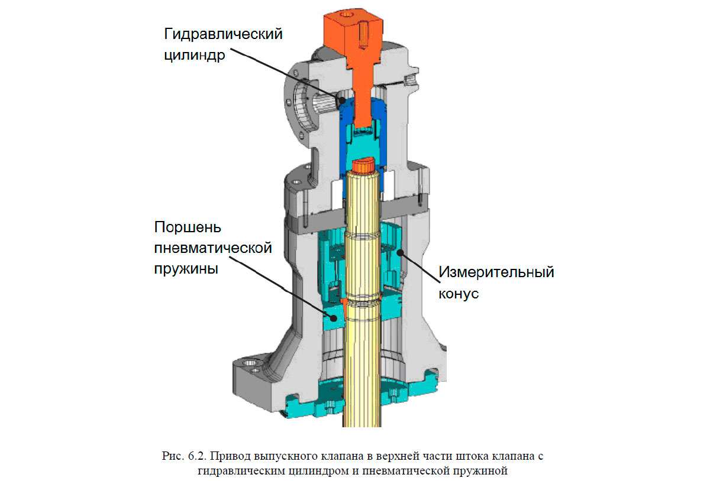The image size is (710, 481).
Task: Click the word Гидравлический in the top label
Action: click(x=223, y=34)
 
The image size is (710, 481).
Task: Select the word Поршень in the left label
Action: click(x=188, y=227)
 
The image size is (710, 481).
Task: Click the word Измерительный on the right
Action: click(x=496, y=272)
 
